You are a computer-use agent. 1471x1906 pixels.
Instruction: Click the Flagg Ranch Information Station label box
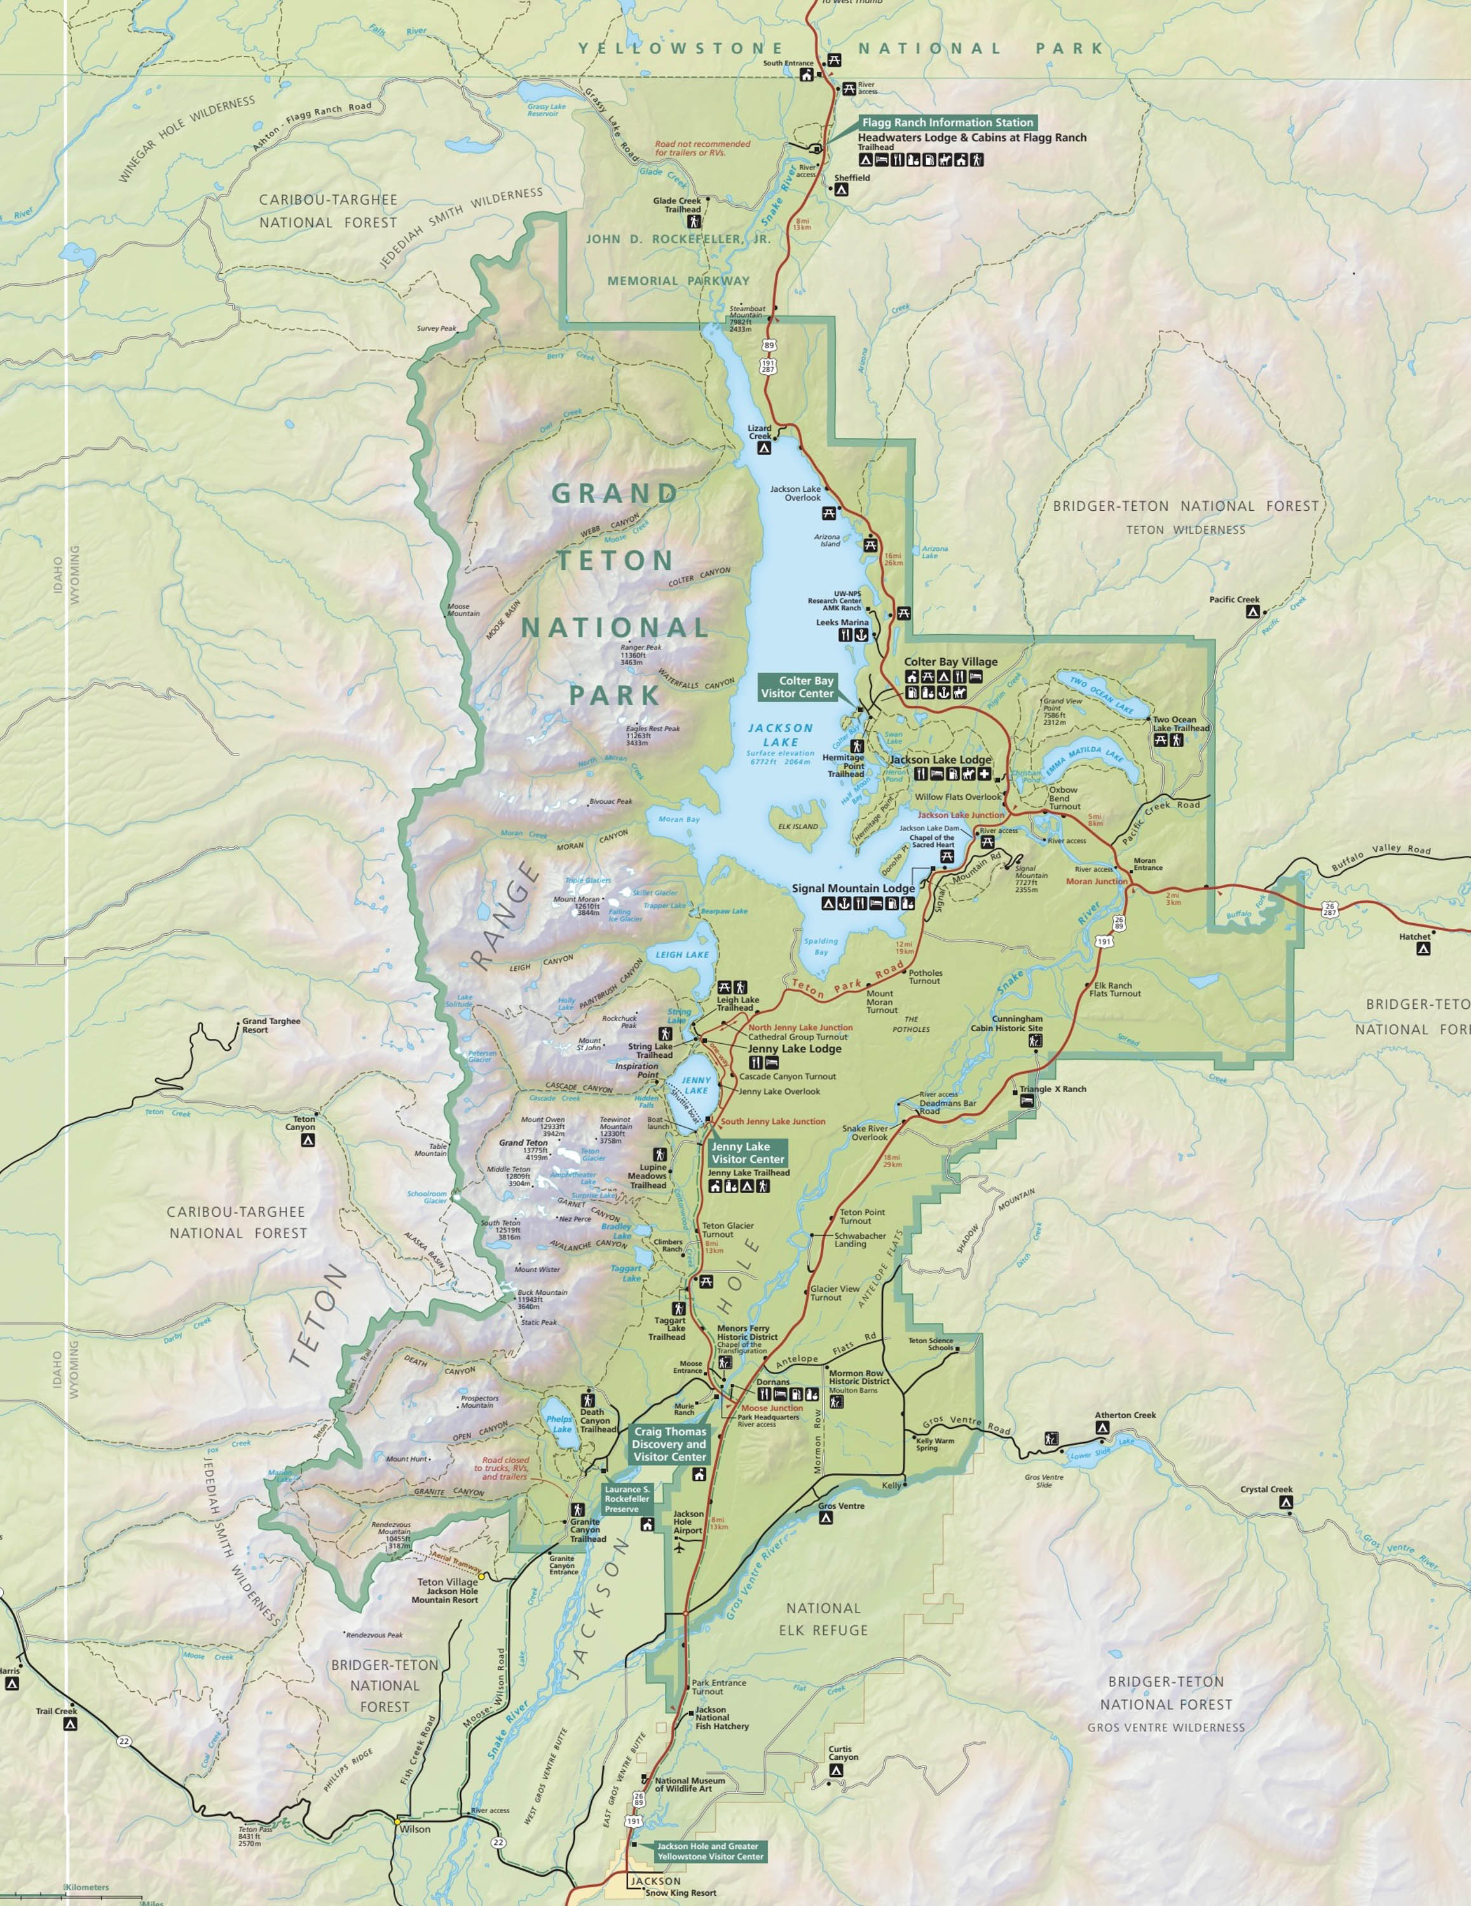947,122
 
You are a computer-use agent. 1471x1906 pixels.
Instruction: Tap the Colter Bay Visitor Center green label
797,687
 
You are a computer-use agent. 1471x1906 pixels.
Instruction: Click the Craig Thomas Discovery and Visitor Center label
669,1443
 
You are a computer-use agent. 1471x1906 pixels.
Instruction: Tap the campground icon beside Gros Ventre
826,1518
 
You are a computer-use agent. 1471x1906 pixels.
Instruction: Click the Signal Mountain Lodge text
853,888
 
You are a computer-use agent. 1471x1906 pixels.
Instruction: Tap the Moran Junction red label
1097,881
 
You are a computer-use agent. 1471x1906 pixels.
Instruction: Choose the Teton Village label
447,1582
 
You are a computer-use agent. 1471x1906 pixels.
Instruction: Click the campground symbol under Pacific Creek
1252,612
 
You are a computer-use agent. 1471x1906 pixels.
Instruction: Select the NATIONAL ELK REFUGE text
823,1619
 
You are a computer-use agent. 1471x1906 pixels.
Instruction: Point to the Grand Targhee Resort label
271,1025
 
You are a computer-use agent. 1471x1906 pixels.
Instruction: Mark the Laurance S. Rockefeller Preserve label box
627,1499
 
